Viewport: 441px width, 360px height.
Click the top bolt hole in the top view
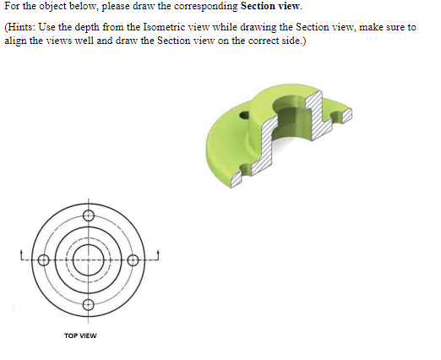88,212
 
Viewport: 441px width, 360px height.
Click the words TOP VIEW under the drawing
80,335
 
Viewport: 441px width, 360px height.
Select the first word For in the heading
11,7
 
